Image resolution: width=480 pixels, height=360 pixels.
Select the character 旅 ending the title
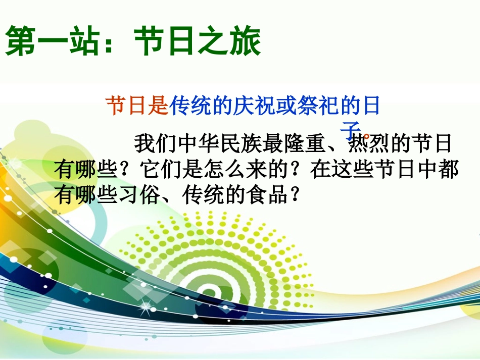245,41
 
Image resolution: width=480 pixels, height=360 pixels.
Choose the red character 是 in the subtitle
158,106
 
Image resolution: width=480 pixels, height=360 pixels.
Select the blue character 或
286,106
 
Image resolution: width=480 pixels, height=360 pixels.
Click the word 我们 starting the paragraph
156,143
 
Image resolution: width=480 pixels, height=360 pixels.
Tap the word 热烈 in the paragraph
369,143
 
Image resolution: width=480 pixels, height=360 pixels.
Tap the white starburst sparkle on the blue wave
146,306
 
